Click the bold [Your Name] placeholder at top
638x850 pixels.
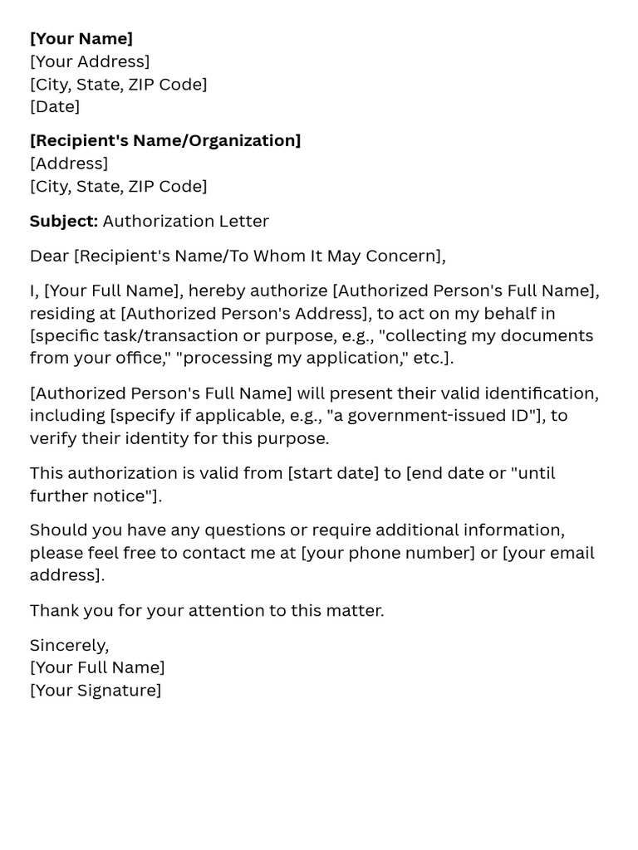pos(81,39)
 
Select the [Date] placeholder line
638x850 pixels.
pos(55,106)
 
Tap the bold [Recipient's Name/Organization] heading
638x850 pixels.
pos(165,140)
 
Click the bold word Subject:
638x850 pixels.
pos(64,221)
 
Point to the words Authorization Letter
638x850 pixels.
pos(186,221)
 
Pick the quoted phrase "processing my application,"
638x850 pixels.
pos(270,358)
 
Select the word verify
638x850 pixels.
pos(53,438)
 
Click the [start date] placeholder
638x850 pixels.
pos(333,473)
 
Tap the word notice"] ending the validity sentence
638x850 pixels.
pos(133,496)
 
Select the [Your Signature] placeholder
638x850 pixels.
pos(96,690)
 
